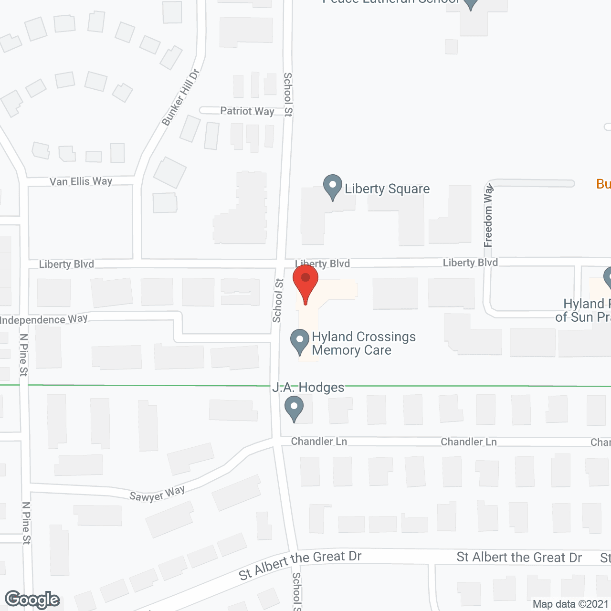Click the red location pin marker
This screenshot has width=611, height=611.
click(x=305, y=282)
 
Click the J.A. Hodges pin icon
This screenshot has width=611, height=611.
click(x=294, y=408)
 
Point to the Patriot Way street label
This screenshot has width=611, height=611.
click(x=247, y=111)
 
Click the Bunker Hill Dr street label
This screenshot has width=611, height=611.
click(x=180, y=98)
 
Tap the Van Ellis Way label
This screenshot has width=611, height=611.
click(x=81, y=181)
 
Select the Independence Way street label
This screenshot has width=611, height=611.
click(x=44, y=319)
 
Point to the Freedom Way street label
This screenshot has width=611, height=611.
click(x=488, y=216)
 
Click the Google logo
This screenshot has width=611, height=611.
click(x=32, y=600)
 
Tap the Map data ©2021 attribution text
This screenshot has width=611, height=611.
click(x=570, y=604)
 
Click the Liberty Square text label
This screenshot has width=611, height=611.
click(x=387, y=189)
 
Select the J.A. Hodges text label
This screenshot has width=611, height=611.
click(x=308, y=387)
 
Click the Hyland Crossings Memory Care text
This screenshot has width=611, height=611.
click(x=363, y=343)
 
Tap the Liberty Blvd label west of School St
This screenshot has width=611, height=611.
click(x=66, y=264)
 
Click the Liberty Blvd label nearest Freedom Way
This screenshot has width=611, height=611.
click(x=470, y=263)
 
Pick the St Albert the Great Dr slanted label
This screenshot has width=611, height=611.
click(x=300, y=564)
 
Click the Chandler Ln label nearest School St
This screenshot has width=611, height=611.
click(x=319, y=442)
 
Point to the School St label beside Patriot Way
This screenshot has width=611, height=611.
click(x=288, y=95)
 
